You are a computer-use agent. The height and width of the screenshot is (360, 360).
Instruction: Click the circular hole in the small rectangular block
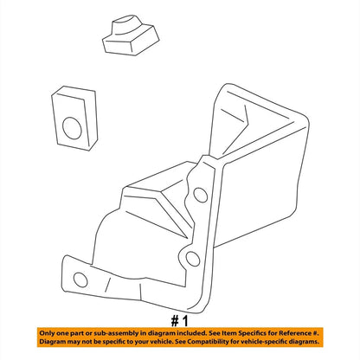(x=72, y=128)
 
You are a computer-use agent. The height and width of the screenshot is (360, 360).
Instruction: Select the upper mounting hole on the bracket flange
(x=201, y=195)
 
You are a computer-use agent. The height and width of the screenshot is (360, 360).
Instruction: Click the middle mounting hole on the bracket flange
(x=192, y=259)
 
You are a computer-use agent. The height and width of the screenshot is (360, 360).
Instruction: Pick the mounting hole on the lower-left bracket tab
(x=80, y=280)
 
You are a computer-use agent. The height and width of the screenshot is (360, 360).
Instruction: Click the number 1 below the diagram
(x=184, y=321)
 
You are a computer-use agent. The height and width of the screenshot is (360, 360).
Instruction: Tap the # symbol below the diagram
(x=175, y=321)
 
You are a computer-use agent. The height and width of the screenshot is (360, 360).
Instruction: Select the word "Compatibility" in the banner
(x=206, y=342)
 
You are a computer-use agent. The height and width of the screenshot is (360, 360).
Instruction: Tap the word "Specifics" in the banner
(x=253, y=333)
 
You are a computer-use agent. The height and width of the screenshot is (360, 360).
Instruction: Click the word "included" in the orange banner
(x=192, y=333)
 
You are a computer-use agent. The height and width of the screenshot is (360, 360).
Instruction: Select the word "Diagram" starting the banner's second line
(x=52, y=342)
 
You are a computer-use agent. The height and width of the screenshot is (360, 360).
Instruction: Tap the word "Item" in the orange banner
(x=231, y=333)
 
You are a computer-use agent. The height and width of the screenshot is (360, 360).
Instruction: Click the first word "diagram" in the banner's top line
(x=161, y=333)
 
